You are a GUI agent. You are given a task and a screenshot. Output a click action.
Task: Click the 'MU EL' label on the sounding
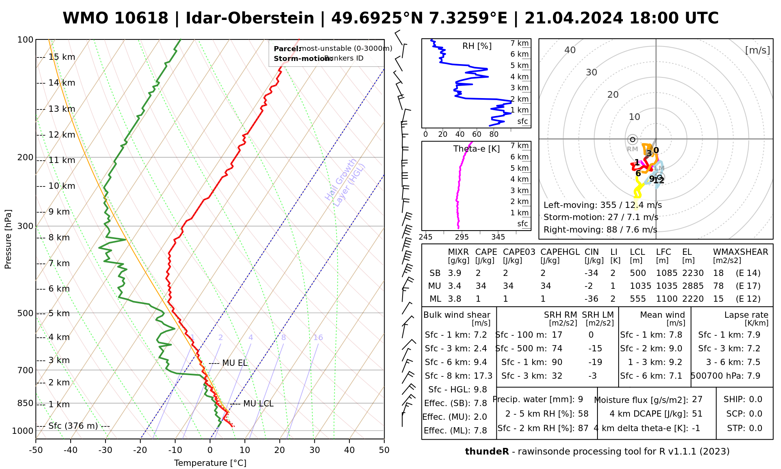[235, 363]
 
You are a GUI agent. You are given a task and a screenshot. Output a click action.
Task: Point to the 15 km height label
[62, 57]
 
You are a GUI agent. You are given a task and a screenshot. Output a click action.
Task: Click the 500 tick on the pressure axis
[25, 313]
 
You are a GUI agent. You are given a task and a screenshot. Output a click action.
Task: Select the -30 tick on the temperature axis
[105, 450]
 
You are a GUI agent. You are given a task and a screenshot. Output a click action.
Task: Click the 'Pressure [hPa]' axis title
[8, 239]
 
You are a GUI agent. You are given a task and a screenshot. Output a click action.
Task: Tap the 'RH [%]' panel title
[477, 46]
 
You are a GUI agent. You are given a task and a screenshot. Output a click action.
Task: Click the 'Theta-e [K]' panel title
[476, 149]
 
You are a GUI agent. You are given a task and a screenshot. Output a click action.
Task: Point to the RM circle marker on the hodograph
[632, 140]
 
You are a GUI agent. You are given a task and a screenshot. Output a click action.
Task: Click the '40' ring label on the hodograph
[570, 50]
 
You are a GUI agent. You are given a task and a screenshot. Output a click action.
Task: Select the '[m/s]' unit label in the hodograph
[757, 50]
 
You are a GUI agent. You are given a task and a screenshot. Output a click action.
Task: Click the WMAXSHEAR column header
[740, 252]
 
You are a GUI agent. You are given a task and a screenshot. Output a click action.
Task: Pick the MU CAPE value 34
[481, 286]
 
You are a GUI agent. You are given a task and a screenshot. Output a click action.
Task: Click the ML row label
[435, 299]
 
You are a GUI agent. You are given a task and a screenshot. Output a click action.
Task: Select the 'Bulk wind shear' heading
[456, 315]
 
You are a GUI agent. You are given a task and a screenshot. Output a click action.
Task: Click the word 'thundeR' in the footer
[487, 452]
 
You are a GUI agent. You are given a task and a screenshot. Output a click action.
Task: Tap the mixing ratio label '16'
[318, 338]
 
